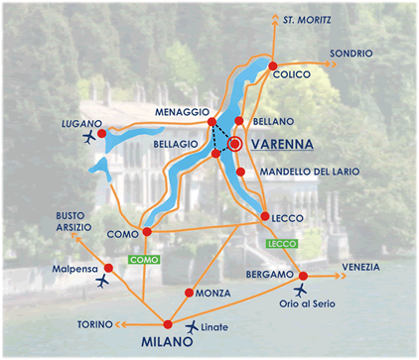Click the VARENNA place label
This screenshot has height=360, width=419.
coord(282,144)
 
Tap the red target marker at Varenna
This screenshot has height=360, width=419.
coord(235,144)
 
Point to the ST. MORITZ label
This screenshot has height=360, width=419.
coord(307,19)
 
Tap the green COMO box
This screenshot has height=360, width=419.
coord(143,259)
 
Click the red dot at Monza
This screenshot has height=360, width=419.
coord(189,293)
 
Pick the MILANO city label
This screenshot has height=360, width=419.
coord(159,342)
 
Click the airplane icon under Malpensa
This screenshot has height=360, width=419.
coord(103,282)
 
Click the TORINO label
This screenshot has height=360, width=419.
coord(94,324)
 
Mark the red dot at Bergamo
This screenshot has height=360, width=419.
coord(304,276)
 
